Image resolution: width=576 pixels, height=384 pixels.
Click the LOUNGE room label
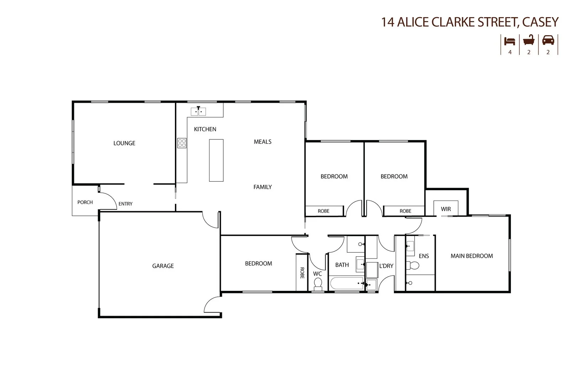[124, 143]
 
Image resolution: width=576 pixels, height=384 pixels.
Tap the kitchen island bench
[216, 160]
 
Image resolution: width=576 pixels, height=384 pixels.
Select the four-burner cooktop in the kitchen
[182, 143]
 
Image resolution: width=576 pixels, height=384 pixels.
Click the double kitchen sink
[198, 112]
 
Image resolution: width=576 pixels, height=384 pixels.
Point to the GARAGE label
[163, 266]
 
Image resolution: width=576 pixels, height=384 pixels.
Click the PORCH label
[85, 202]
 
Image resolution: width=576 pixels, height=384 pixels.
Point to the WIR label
[446, 209]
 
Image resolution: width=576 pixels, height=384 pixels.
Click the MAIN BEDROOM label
[471, 256]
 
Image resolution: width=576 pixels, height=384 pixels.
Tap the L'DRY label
[386, 266]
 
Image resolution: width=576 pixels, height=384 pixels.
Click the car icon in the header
[548, 41]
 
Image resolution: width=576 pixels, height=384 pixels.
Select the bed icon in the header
[510, 41]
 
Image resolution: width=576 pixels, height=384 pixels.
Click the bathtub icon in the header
[529, 40]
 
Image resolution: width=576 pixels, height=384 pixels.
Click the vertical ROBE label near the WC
[302, 273]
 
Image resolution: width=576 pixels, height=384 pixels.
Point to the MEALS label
[262, 142]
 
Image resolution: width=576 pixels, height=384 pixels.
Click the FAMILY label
[262, 187]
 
